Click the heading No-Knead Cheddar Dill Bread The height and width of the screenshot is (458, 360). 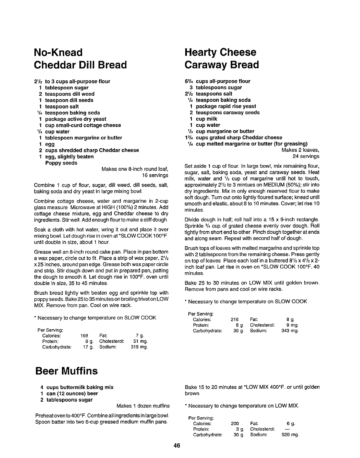click(80, 58)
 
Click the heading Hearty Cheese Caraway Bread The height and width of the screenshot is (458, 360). click(221, 58)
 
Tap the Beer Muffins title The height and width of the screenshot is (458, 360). click(66, 371)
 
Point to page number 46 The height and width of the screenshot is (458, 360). click(177, 446)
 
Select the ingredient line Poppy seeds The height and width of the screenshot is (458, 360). click(61, 163)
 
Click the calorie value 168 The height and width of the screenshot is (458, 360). click(84, 336)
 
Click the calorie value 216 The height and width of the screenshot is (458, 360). click(234, 320)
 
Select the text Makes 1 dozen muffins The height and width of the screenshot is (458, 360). click(143, 406)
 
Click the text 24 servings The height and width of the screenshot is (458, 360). click(306, 156)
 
